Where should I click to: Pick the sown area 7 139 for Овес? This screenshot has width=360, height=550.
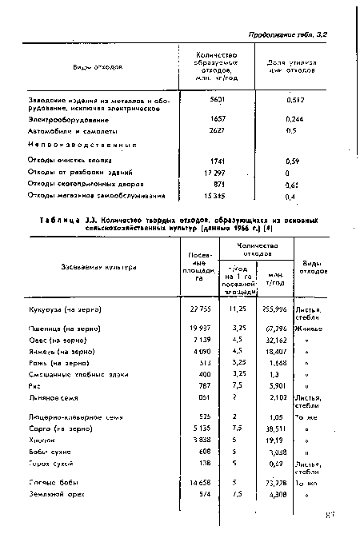[195, 338]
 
